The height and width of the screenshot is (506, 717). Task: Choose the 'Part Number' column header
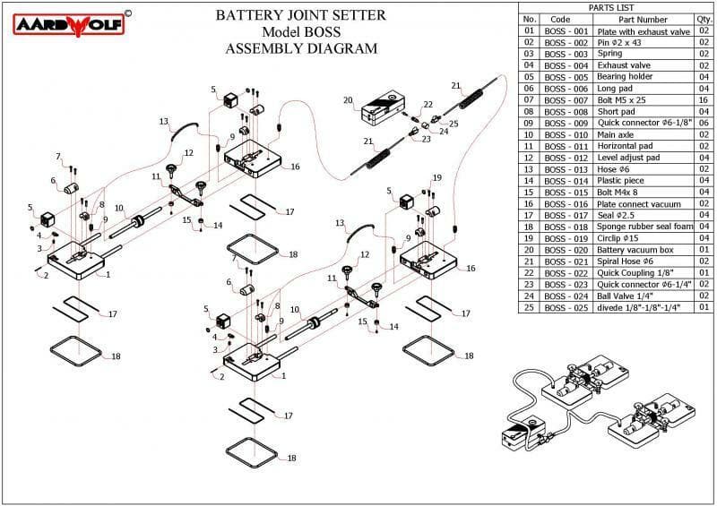pyautogui.click(x=643, y=19)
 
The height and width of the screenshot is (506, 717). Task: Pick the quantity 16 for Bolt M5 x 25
pyautogui.click(x=704, y=99)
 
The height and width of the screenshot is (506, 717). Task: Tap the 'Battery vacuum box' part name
pyautogui.click(x=635, y=250)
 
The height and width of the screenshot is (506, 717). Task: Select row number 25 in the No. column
pyautogui.click(x=529, y=307)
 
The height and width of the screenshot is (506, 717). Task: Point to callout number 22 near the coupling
pyautogui.click(x=428, y=105)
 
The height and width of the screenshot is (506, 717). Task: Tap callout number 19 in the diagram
pyautogui.click(x=437, y=177)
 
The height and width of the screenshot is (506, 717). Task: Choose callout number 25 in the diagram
pyautogui.click(x=454, y=124)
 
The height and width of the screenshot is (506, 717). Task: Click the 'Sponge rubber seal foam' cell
pyautogui.click(x=643, y=227)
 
